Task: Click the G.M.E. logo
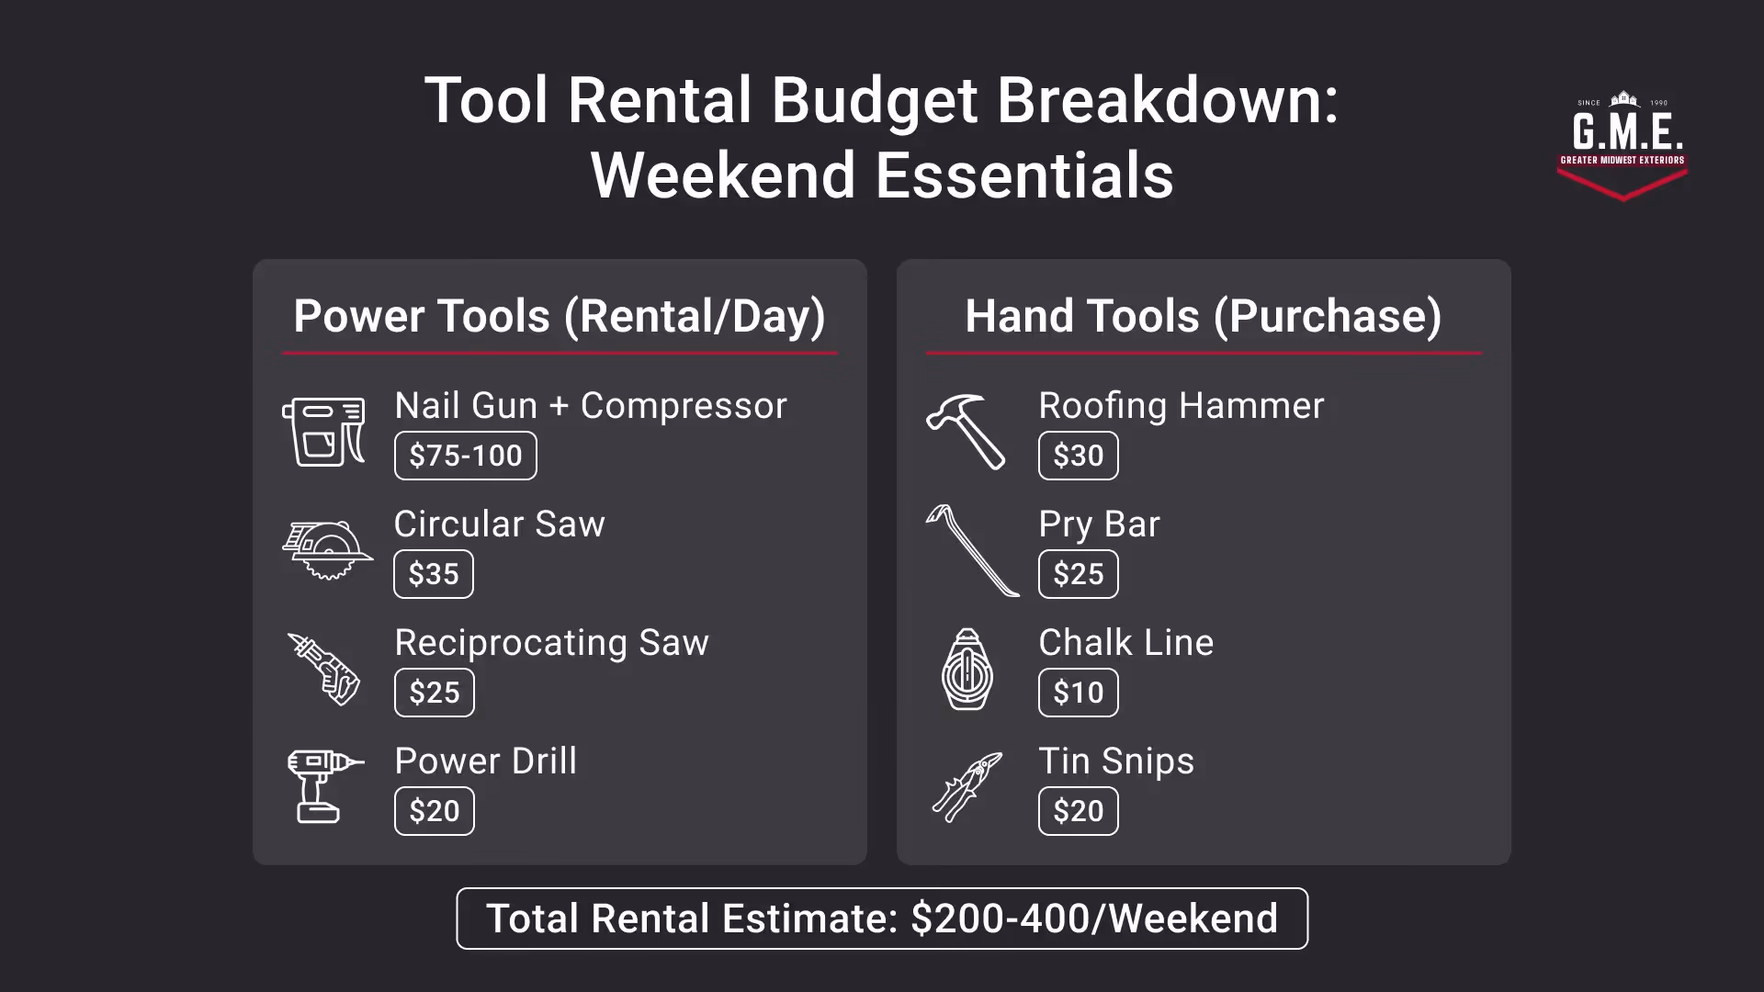(x=1623, y=145)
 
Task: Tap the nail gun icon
(x=323, y=431)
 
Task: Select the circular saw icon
(x=326, y=550)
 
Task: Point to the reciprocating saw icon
(x=324, y=669)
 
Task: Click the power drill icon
(x=322, y=786)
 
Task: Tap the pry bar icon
(x=971, y=550)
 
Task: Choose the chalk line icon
(x=967, y=669)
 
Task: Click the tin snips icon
(x=967, y=786)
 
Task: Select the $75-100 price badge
(x=465, y=456)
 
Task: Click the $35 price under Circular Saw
(x=434, y=574)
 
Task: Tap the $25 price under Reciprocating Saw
(x=434, y=693)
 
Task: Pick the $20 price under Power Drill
(x=434, y=811)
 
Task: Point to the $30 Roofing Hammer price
(x=1078, y=456)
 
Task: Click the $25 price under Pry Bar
(x=1078, y=574)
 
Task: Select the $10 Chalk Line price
(x=1078, y=693)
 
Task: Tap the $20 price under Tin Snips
(x=1078, y=811)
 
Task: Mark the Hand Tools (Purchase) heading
(x=1203, y=316)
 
